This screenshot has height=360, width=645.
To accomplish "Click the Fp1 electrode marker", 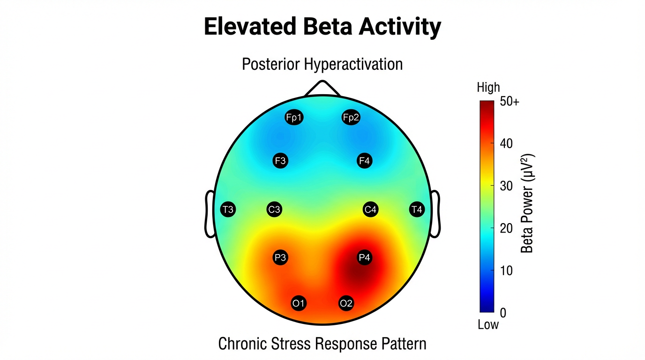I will click(x=294, y=117).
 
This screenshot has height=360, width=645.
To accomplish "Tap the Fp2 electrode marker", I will click(x=351, y=117).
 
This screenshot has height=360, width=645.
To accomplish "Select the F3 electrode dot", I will click(x=280, y=161).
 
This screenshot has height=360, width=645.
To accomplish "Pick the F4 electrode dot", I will click(x=364, y=161).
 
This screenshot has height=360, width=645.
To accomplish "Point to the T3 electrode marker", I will click(x=228, y=210).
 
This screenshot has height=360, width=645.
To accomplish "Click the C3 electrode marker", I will click(x=274, y=210).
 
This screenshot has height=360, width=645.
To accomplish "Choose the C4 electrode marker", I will click(x=370, y=210).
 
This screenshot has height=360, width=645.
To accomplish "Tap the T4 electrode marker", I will click(x=417, y=210).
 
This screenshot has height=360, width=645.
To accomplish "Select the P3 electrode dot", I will click(x=280, y=257).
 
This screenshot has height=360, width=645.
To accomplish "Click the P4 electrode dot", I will click(x=364, y=257).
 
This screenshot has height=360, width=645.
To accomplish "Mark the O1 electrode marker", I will click(x=299, y=303).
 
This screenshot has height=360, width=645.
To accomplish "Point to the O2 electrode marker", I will click(x=346, y=303).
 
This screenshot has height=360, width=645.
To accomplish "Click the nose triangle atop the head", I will click(x=322, y=89).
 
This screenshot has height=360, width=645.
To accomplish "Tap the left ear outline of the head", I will click(x=209, y=214).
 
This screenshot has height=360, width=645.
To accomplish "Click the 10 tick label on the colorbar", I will click(x=507, y=270).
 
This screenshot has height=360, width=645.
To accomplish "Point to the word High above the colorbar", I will click(x=488, y=88).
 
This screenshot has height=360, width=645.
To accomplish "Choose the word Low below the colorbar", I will click(x=488, y=324).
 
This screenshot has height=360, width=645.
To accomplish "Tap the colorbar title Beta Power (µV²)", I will click(x=528, y=203).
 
